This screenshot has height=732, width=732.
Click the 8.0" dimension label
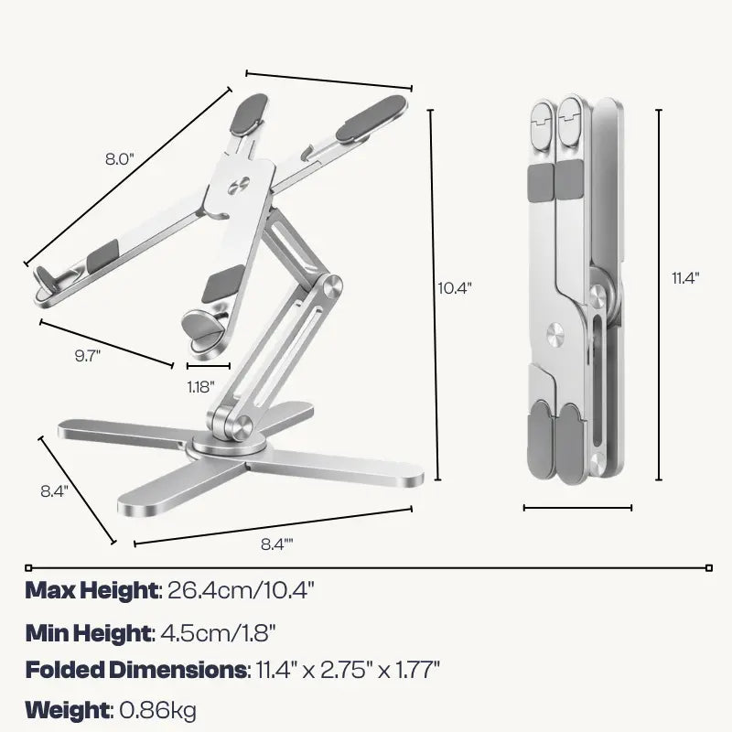pyautogui.click(x=120, y=159)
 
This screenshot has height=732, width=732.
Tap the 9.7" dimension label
pyautogui.click(x=88, y=356)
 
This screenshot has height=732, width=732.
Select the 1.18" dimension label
pyautogui.click(x=200, y=387)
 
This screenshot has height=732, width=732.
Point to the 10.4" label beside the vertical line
pyautogui.click(x=455, y=288)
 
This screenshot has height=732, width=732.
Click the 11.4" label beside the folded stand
pyautogui.click(x=685, y=278)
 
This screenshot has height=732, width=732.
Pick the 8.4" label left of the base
pyautogui.click(x=55, y=491)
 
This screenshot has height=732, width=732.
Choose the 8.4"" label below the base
pyautogui.click(x=277, y=544)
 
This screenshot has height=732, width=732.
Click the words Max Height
pyautogui.click(x=91, y=590)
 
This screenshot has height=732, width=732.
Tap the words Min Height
pyautogui.click(x=88, y=633)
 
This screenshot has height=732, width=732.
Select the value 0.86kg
pyautogui.click(x=157, y=711)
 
